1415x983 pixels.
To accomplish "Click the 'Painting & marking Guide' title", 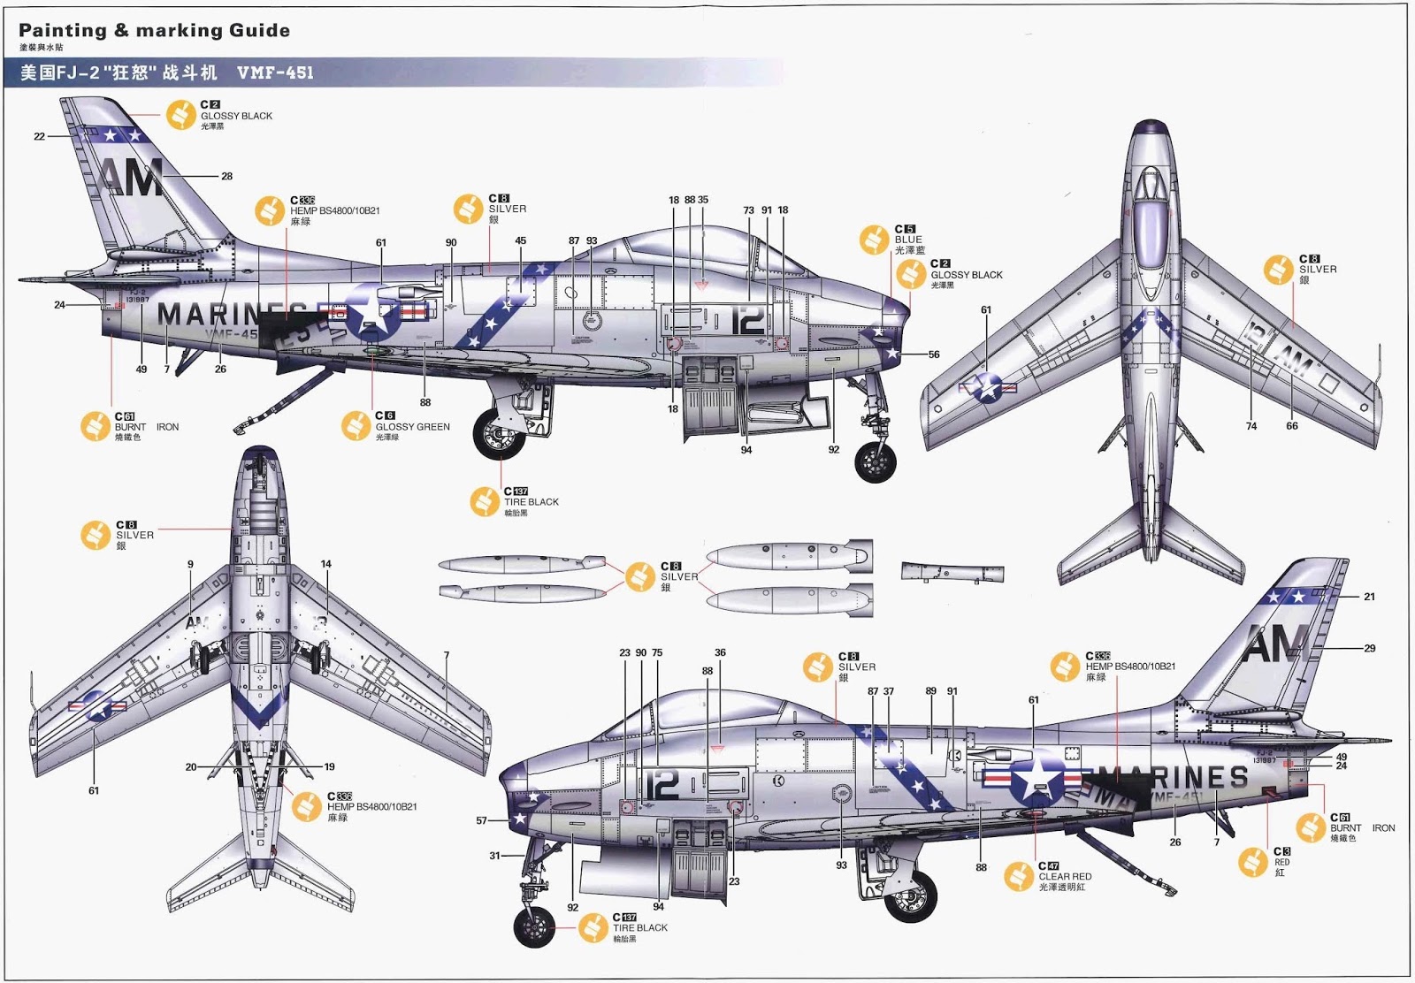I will coord(154,31).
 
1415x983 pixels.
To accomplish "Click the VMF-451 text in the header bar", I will coord(275,72).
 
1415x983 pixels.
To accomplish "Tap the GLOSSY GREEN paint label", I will coord(412,427).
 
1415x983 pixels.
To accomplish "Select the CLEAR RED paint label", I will coord(1065,877).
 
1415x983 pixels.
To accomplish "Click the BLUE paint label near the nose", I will coord(908,240).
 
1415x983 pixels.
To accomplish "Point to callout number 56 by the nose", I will coord(934,354).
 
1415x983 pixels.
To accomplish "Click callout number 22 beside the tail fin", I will coord(39,136).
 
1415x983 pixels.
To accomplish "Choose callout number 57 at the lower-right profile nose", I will coord(481,820).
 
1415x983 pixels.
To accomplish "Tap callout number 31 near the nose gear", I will coord(494,856).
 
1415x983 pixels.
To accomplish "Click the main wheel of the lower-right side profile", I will coord(912,895).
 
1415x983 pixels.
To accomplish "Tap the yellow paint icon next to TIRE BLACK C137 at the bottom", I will coord(593,927).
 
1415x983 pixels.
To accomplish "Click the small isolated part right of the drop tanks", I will coord(952,572).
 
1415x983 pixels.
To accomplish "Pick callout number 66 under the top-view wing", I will coord(1292,426).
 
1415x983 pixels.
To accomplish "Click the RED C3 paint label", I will coord(1281,862).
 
